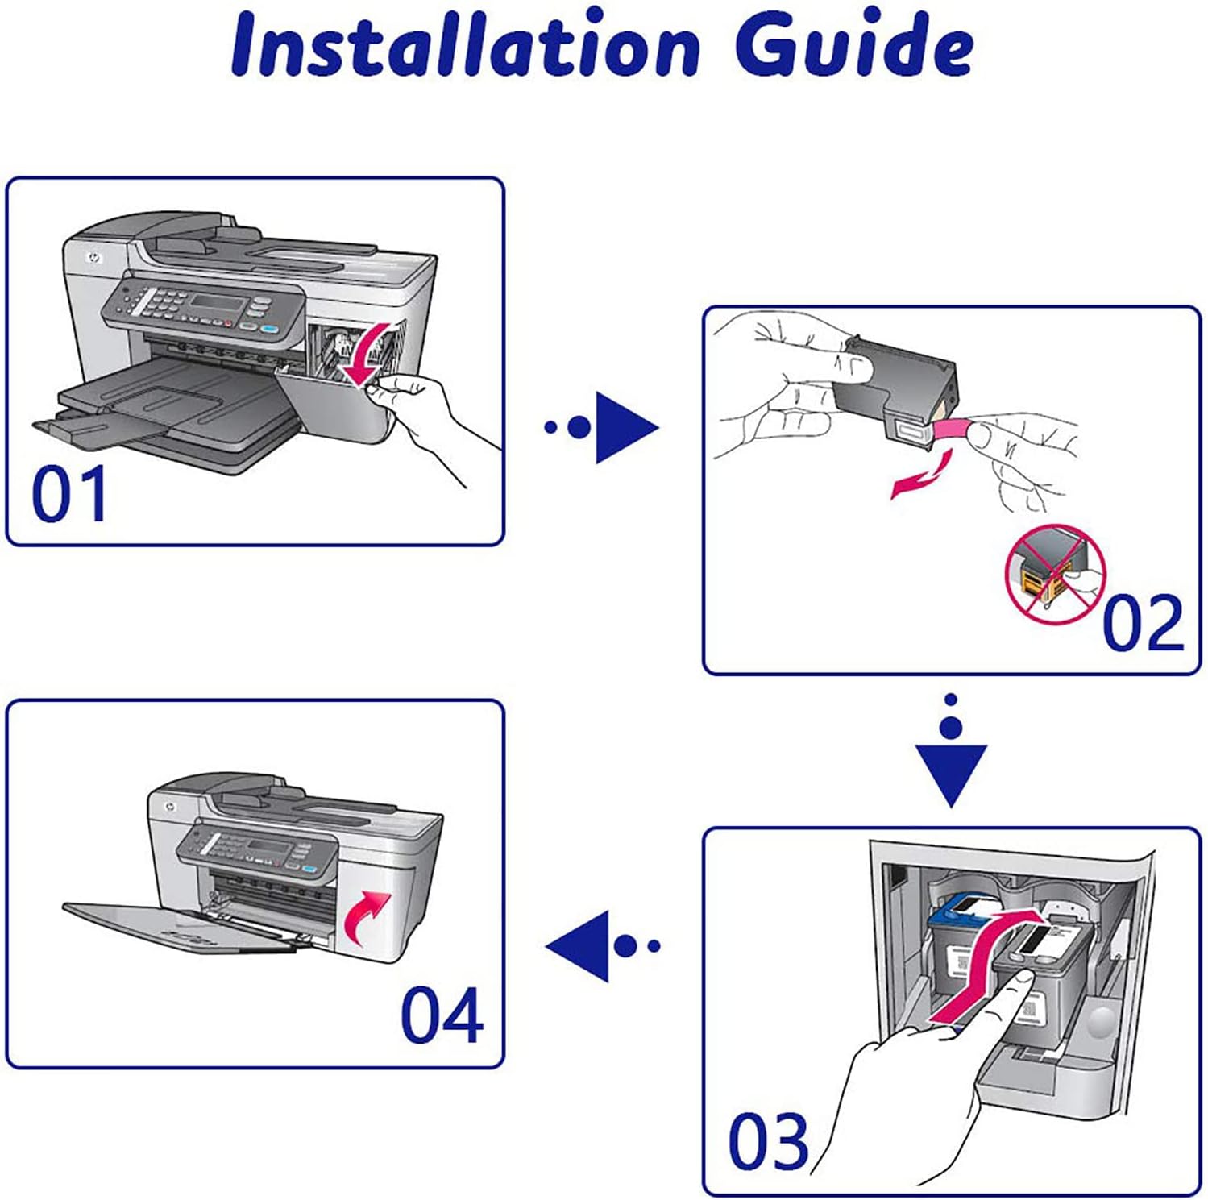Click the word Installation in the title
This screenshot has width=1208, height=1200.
click(x=465, y=44)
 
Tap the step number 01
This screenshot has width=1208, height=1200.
click(x=69, y=493)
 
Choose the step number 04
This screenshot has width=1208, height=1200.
click(x=442, y=1015)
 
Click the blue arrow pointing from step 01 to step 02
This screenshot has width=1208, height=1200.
click(x=601, y=427)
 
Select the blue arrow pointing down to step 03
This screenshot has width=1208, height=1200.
click(x=951, y=750)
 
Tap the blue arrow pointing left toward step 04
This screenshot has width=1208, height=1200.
click(x=603, y=945)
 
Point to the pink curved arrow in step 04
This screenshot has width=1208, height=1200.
click(x=367, y=917)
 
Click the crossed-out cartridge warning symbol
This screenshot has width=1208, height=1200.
click(x=1056, y=574)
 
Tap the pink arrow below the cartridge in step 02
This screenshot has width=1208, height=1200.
click(x=922, y=475)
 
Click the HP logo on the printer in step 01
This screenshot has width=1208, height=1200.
click(x=93, y=260)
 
